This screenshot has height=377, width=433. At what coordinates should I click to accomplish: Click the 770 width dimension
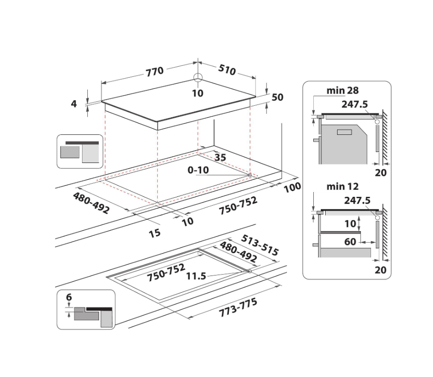click(x=155, y=71)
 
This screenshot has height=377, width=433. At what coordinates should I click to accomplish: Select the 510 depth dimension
click(x=227, y=70)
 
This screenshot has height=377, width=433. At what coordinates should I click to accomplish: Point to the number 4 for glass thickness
click(x=74, y=103)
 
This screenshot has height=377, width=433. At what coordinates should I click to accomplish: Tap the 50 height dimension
click(x=278, y=97)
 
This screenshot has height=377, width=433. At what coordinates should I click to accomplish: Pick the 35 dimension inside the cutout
click(x=220, y=157)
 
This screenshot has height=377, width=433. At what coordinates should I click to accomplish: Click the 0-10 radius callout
click(x=198, y=170)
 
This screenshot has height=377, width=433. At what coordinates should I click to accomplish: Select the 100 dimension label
click(x=291, y=187)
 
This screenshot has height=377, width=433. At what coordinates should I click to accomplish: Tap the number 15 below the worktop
click(x=155, y=233)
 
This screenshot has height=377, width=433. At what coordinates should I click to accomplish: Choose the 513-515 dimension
click(x=260, y=245)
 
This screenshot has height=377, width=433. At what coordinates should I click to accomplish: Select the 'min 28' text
click(x=342, y=90)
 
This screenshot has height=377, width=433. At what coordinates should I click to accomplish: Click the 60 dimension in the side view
click(x=350, y=242)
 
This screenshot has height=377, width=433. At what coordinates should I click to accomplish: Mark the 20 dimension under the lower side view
click(x=380, y=269)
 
